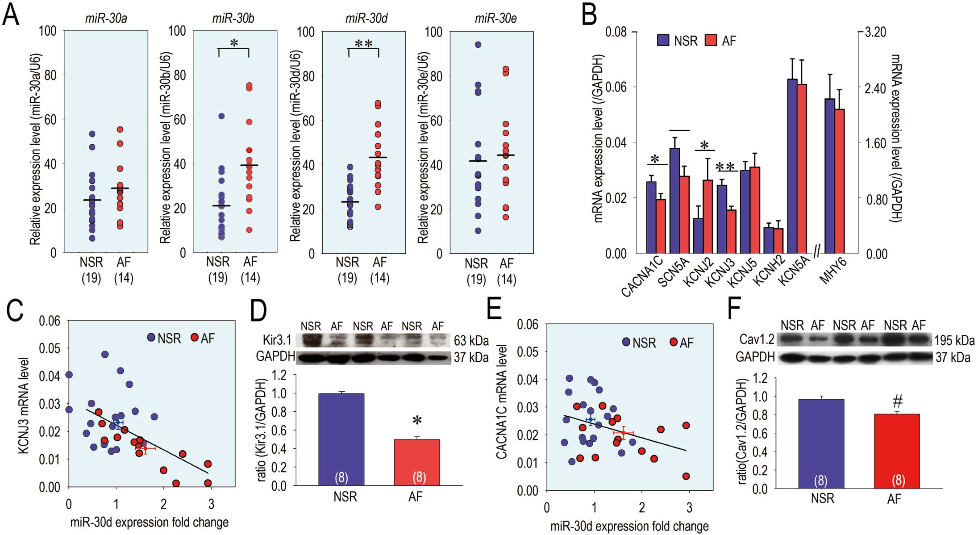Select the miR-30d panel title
click(366, 18)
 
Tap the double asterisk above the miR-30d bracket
click(363, 44)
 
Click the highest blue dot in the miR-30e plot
click(478, 45)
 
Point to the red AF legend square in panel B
click(711, 40)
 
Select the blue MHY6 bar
click(829, 176)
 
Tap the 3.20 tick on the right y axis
click(875, 32)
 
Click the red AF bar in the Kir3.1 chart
click(417, 462)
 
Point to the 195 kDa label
click(955, 340)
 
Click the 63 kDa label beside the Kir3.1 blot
click(471, 341)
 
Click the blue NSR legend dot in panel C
click(151, 338)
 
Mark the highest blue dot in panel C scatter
click(105, 355)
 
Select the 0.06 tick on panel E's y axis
click(528, 324)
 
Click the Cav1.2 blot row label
click(757, 340)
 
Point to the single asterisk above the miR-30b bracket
click(234, 43)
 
